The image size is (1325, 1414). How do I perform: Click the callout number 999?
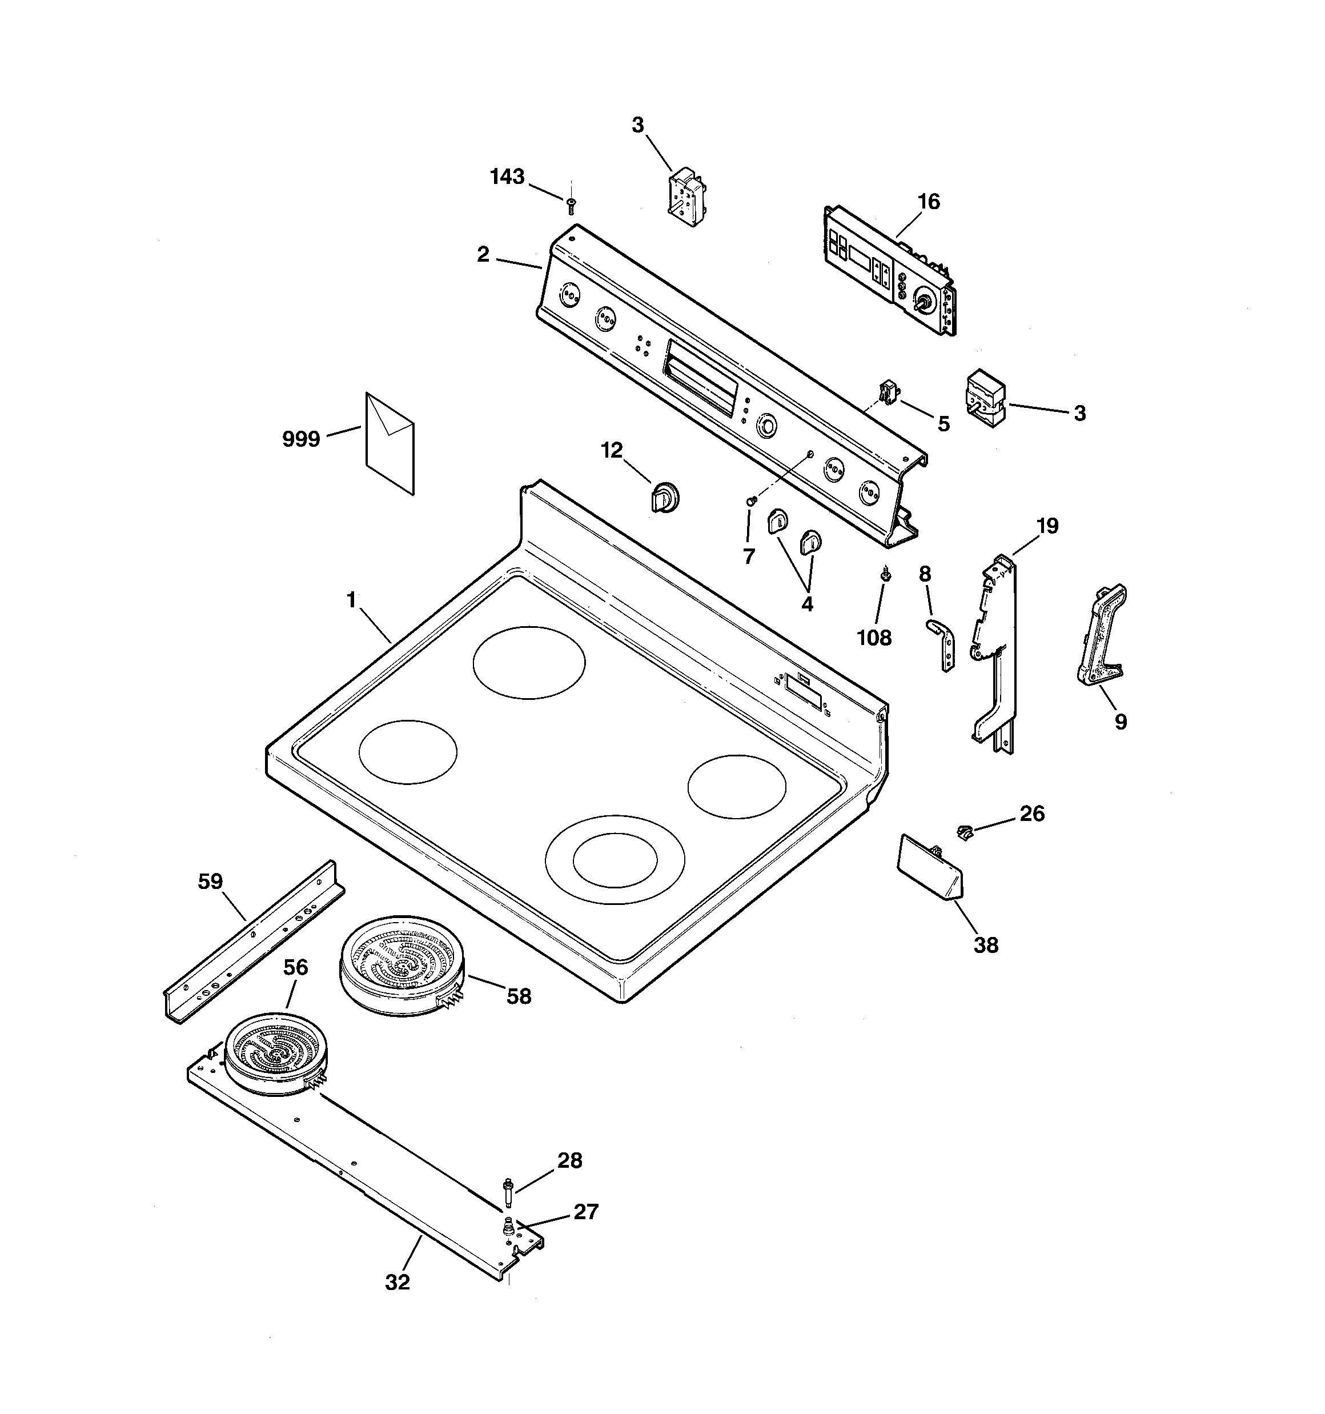pos(301,439)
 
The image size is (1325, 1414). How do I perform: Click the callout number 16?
pos(928,202)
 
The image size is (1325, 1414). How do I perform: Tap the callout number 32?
pos(397,1283)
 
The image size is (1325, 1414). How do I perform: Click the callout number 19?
pos(1047,526)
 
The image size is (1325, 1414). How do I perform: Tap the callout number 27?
pos(586,1211)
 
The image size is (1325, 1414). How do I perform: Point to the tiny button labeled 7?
pos(750,502)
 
